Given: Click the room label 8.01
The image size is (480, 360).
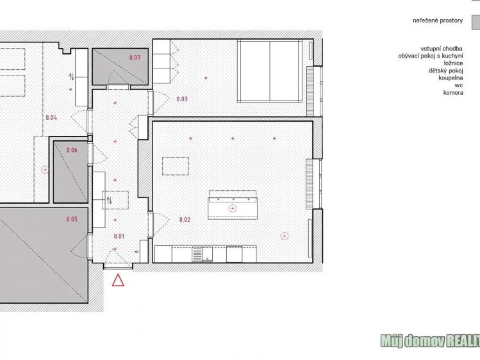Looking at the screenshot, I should [x=119, y=236].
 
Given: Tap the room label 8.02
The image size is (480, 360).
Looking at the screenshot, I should [x=185, y=220].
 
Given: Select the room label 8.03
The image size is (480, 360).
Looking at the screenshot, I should [x=181, y=99].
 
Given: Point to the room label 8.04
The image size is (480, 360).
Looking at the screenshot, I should [x=52, y=118].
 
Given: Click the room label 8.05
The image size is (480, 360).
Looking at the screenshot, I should [x=72, y=220].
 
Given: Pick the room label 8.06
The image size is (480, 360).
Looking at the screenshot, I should [x=72, y=150].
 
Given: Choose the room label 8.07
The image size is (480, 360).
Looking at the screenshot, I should [x=135, y=58].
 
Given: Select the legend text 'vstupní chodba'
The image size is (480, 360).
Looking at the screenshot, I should [x=442, y=49].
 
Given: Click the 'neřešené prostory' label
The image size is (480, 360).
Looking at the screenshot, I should [x=438, y=20].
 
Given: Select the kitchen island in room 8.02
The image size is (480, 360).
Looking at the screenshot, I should [x=232, y=204].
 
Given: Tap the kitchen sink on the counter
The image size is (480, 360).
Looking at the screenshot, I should [x=206, y=254].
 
